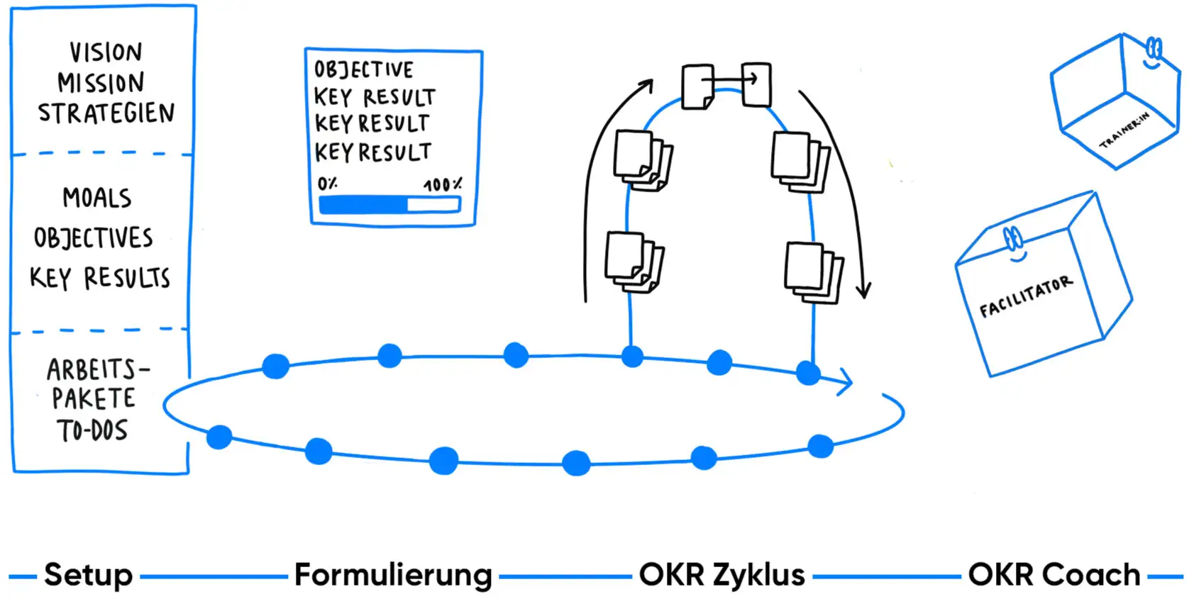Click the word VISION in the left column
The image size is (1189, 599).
point(106,52)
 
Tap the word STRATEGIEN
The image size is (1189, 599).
point(106,113)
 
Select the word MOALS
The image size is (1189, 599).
point(97,198)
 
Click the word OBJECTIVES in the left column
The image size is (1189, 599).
point(94,238)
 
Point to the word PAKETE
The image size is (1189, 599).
point(94,399)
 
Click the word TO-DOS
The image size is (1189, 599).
point(93,431)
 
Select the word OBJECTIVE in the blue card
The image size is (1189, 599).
point(363,69)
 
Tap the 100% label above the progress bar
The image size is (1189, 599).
point(443,185)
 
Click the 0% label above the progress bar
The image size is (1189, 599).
point(327,184)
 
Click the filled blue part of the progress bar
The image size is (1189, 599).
point(363,205)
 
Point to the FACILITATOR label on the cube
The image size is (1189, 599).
point(1026,297)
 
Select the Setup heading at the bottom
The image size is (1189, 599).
point(89,575)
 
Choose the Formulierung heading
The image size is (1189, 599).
point(393,575)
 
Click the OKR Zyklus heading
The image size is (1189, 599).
point(721,575)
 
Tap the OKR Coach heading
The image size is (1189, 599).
point(1054,575)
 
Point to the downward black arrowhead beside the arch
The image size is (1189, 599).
point(863,290)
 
